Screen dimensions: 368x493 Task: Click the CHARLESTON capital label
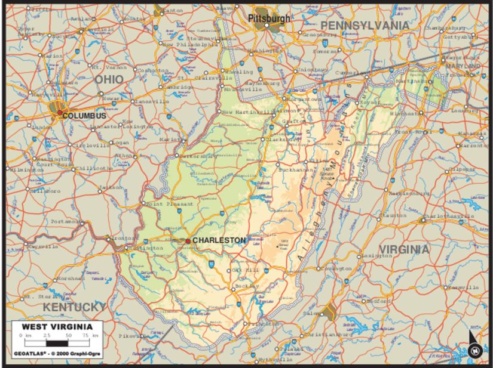coord(219,240)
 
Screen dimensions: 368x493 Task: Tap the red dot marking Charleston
coord(188,241)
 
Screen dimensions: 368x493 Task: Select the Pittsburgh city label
coord(270,18)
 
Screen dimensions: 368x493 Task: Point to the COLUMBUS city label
coord(84,116)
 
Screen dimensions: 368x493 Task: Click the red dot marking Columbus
coord(59,112)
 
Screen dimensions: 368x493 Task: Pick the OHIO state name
coord(109,79)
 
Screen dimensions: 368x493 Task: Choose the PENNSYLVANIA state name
coord(366,25)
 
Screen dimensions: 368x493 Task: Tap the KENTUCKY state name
coord(75,307)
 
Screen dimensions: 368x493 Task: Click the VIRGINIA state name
coord(405,249)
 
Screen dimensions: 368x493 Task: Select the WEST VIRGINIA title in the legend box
coord(57,327)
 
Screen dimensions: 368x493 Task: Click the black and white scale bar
coord(57,344)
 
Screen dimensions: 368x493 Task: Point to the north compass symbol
coord(474,350)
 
